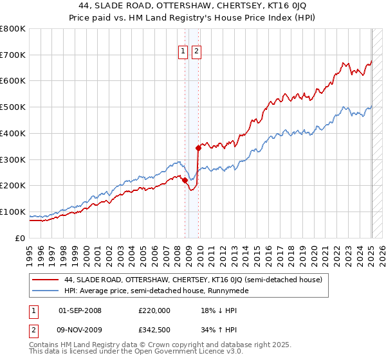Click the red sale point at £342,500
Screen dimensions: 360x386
pyautogui.click(x=198, y=148)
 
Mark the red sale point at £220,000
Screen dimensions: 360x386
pyautogui.click(x=185, y=180)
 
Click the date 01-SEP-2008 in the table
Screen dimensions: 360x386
pyautogui.click(x=80, y=310)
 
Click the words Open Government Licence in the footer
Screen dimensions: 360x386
pyautogui.click(x=184, y=352)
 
